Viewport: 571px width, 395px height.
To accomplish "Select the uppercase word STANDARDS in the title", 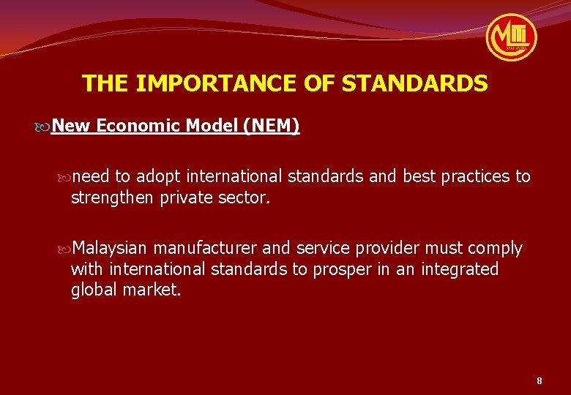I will (x=414, y=83).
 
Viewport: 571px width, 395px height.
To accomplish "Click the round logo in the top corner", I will (x=512, y=37).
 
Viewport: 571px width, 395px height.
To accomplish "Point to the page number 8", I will (x=540, y=380).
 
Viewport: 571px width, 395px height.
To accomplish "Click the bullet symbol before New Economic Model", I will (x=44, y=127).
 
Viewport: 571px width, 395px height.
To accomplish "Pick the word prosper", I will (x=343, y=269).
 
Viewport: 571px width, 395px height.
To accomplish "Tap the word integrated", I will (x=458, y=269).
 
